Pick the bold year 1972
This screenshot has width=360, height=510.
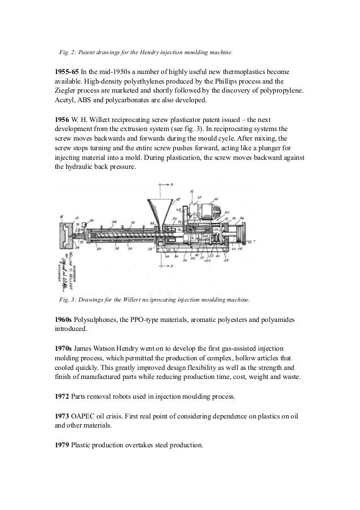(60, 397)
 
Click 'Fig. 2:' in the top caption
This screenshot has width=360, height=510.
(68, 53)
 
